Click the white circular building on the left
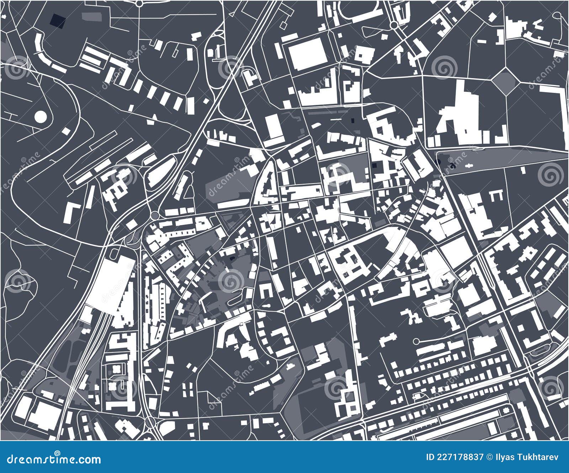(41, 116)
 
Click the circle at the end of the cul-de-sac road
(416, 341)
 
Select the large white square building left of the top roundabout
(307, 54)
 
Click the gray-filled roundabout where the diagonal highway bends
(155, 216)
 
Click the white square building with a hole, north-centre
(364, 55)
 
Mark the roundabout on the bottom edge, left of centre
(150, 422)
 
